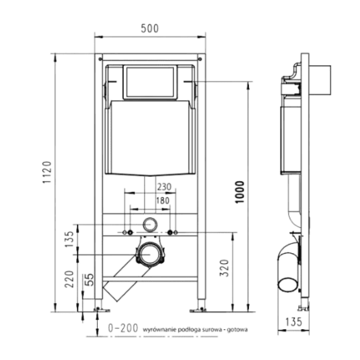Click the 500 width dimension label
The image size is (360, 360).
tap(150, 28)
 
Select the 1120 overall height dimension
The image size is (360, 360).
tap(47, 172)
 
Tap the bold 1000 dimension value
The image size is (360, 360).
tap(240, 192)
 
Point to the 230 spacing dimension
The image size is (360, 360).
tap(164, 186)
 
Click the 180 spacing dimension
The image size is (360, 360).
tap(163, 201)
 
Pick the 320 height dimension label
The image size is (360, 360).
tap(224, 268)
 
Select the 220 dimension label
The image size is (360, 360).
tap(69, 279)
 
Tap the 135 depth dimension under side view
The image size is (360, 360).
tap(293, 322)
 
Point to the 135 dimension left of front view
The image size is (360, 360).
tap(69, 239)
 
